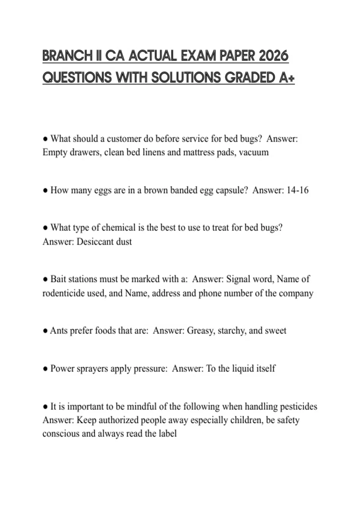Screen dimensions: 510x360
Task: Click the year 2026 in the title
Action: click(x=273, y=56)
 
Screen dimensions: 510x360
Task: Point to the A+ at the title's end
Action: click(x=286, y=78)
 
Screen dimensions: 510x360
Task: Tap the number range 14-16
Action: click(x=297, y=190)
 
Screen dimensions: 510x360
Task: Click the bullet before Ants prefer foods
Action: click(x=45, y=331)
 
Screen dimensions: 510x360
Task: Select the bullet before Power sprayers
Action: click(x=45, y=369)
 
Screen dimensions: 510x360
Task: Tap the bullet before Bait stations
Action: click(x=45, y=279)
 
